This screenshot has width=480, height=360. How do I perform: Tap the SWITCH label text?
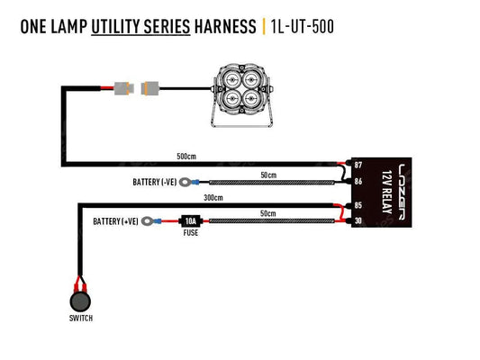tap(80, 319)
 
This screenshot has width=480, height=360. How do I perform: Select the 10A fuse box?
tap(190, 220)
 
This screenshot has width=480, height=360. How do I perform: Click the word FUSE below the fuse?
tap(190, 232)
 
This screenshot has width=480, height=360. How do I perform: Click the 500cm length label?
tap(186, 157)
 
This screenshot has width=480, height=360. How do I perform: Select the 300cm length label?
tap(213, 197)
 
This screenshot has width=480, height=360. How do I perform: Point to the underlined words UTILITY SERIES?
tap(140, 26)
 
